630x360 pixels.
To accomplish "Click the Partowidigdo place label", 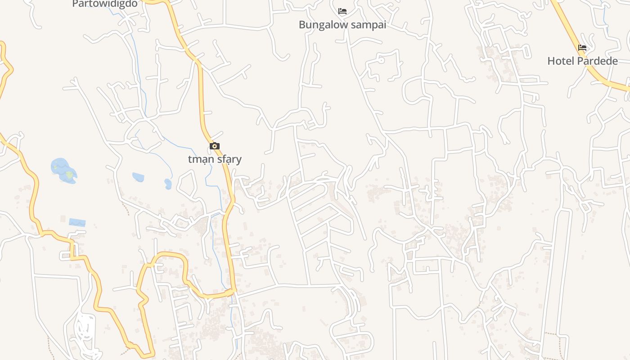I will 104,4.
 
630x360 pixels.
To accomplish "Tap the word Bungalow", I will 323,25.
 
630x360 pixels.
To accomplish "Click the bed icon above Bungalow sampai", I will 342,11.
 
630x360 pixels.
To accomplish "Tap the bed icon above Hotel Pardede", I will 582,48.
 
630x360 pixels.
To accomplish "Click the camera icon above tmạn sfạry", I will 215,146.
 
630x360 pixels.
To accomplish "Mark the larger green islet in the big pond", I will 69,174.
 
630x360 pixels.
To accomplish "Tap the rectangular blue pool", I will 77,222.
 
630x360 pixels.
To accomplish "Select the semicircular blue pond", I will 138,177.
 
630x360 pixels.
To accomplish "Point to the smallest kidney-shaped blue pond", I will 168,184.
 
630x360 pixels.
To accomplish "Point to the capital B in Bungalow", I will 302,25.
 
